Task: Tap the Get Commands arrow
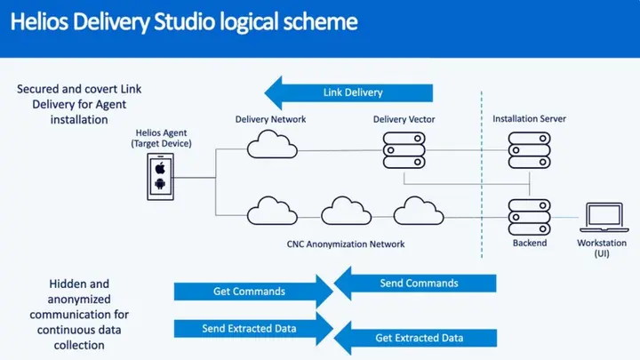coord(249,292)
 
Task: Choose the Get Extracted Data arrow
coord(418,338)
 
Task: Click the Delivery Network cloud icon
coord(266,144)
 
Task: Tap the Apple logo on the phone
coord(160,167)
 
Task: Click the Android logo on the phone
coord(160,185)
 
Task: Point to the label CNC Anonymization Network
coord(347,244)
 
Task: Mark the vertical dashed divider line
coord(481,178)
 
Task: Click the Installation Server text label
coord(529,118)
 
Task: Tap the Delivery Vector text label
coord(404,118)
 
